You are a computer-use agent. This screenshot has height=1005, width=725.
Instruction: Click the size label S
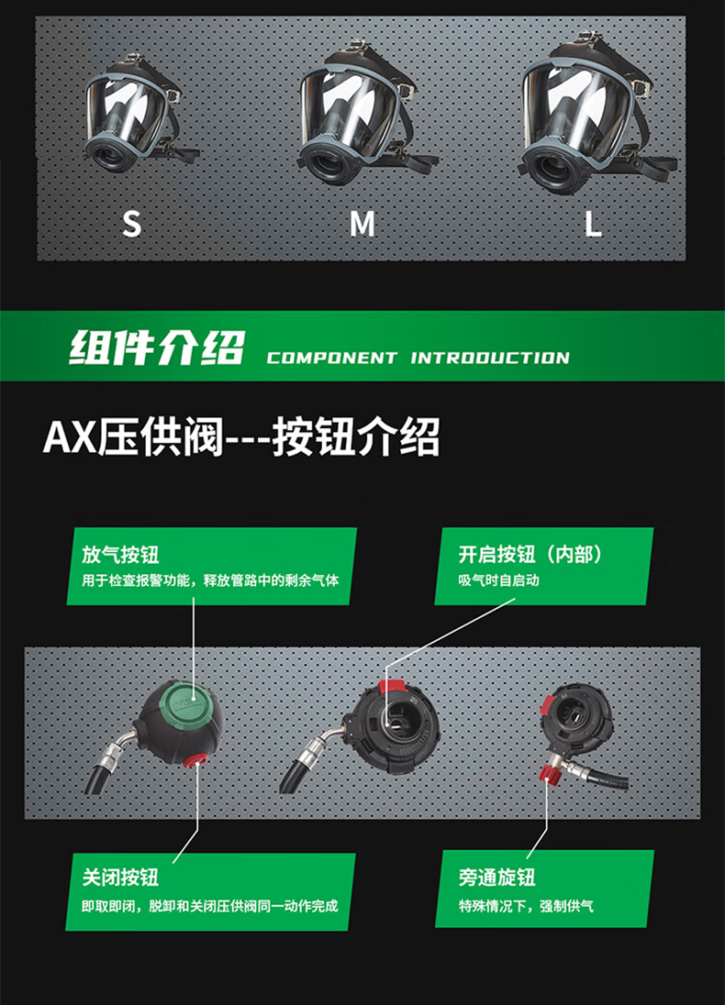tap(132, 223)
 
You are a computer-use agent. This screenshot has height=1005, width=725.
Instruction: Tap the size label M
tap(362, 223)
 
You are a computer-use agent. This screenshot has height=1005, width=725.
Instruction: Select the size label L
tap(594, 223)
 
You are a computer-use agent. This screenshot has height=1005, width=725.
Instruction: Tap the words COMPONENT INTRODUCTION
tap(418, 358)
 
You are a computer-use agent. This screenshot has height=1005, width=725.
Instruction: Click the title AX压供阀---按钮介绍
tap(241, 437)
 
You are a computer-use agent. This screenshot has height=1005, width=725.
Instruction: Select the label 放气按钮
tap(120, 555)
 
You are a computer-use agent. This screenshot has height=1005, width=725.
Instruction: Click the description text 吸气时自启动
tap(499, 580)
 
